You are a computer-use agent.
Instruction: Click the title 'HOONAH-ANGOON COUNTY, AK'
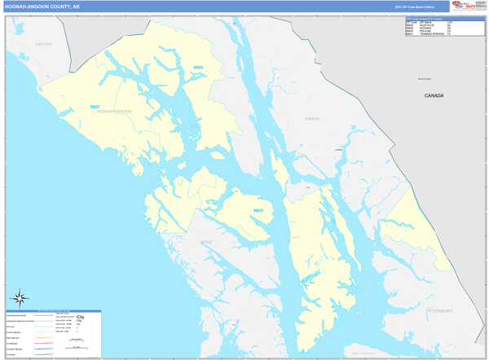coord(42,6)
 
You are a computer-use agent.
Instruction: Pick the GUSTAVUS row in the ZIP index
coord(429,24)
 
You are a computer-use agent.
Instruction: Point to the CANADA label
coord(434,96)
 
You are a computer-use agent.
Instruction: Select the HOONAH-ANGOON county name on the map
coord(113,111)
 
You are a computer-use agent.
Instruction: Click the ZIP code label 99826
coord(198,68)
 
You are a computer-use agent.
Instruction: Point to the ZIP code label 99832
coord(95,107)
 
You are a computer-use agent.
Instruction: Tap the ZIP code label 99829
coord(258,210)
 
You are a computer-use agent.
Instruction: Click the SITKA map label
coord(205,242)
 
